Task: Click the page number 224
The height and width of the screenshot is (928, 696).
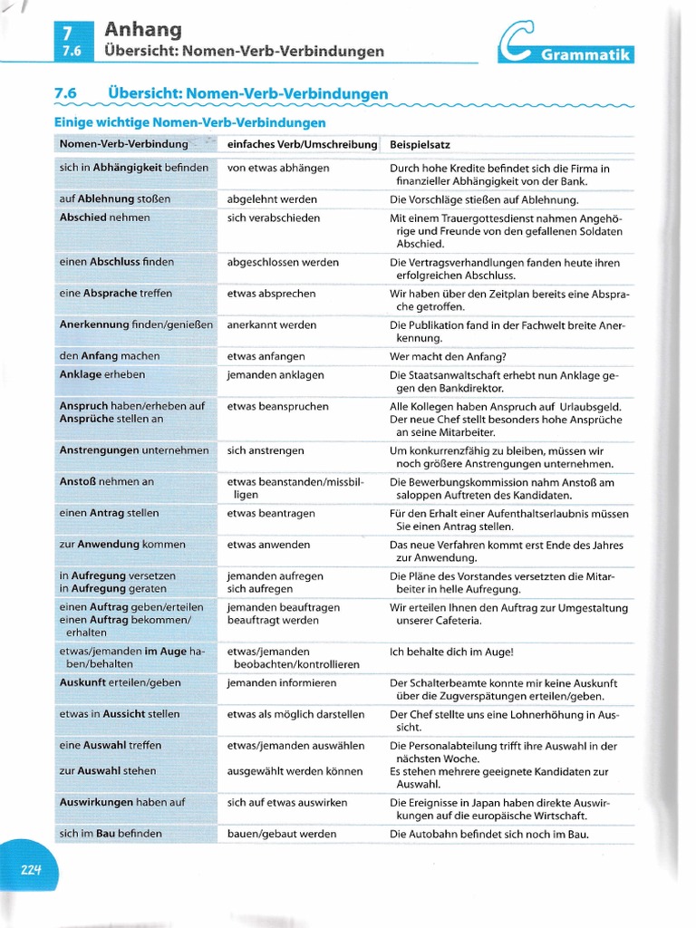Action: pyautogui.click(x=32, y=870)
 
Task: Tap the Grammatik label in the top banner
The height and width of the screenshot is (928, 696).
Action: pyautogui.click(x=585, y=55)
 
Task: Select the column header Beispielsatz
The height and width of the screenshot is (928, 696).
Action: pyautogui.click(x=420, y=144)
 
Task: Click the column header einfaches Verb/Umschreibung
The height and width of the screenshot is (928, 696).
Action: pyautogui.click(x=302, y=144)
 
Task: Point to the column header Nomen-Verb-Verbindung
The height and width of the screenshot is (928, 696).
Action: pyautogui.click(x=123, y=144)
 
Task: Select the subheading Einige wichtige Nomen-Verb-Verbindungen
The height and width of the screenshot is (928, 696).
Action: pyautogui.click(x=190, y=122)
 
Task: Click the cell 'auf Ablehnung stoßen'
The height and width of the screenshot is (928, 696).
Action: pyautogui.click(x=115, y=199)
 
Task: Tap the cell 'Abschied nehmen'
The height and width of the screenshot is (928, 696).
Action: pyautogui.click(x=105, y=217)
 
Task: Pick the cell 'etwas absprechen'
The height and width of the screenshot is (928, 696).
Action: pyautogui.click(x=272, y=294)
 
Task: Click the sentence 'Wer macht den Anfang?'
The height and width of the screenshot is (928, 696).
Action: pyautogui.click(x=448, y=356)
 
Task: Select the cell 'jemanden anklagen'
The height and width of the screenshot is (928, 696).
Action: pyautogui.click(x=275, y=374)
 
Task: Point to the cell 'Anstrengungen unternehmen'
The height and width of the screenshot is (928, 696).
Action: pyautogui.click(x=134, y=450)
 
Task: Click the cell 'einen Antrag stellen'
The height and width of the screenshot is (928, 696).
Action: pyautogui.click(x=109, y=513)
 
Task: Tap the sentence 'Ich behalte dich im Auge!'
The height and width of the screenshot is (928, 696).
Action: pyautogui.click(x=451, y=652)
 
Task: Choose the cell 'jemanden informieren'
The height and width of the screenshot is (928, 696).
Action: pyautogui.click(x=282, y=682)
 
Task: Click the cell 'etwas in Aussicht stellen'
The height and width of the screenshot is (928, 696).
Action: pyautogui.click(x=120, y=714)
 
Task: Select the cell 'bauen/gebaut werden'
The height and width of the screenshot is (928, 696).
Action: pyautogui.click(x=282, y=834)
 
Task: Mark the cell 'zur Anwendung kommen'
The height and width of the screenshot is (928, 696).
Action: pyautogui.click(x=122, y=545)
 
